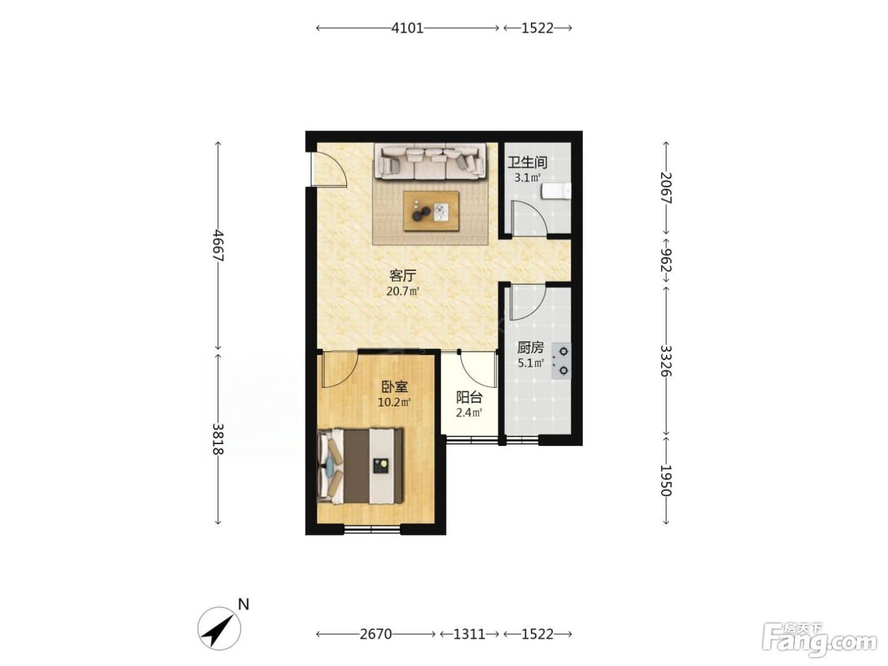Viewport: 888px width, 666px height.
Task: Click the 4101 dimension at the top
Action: (x=407, y=28)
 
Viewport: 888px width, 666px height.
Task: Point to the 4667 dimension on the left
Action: (x=218, y=245)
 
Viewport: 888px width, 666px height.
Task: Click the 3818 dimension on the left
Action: (x=218, y=439)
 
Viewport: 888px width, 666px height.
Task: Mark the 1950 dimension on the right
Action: (x=666, y=480)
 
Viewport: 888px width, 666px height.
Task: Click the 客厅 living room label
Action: (x=403, y=276)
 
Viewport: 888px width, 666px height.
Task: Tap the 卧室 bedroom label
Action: (x=395, y=387)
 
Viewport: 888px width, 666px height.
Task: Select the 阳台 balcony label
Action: (x=469, y=398)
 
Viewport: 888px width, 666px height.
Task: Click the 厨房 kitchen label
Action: (x=530, y=348)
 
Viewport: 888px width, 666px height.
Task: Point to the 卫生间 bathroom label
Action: (x=528, y=162)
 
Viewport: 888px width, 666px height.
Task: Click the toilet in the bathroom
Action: (x=556, y=192)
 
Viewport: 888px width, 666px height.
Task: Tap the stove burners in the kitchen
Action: (x=561, y=361)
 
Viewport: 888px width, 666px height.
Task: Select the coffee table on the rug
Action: (x=431, y=211)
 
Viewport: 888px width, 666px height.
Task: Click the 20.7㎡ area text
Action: (x=403, y=291)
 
